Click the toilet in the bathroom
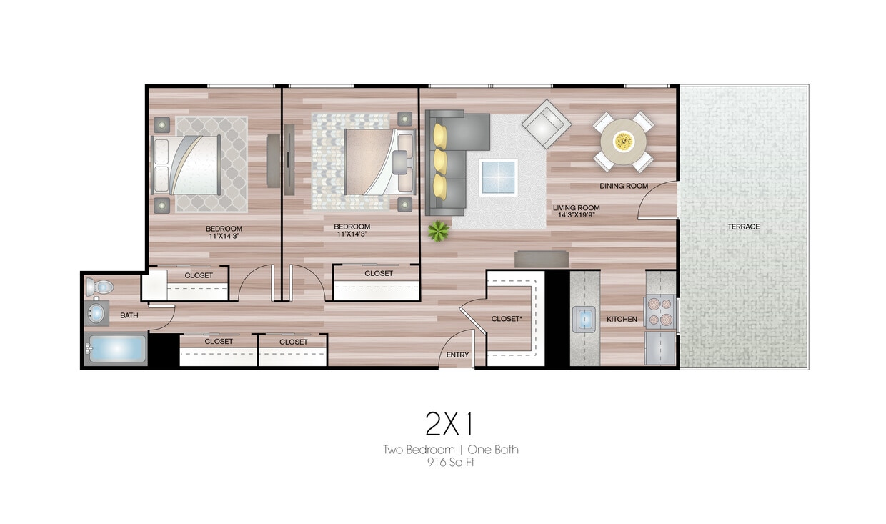tap(101, 287)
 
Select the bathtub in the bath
tap(116, 350)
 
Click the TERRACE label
tap(743, 227)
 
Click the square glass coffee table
tap(498, 177)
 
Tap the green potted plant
tap(438, 230)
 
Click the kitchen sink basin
tap(584, 318)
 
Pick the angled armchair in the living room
tap(546, 124)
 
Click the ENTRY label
tap(457, 355)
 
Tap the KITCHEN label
tap(622, 319)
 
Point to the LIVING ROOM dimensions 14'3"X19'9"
tap(576, 212)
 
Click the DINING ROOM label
tap(623, 186)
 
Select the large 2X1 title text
tap(449, 425)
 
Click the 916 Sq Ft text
tap(450, 462)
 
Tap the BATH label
tap(129, 315)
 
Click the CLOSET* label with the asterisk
tap(508, 319)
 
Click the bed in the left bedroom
tap(186, 164)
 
